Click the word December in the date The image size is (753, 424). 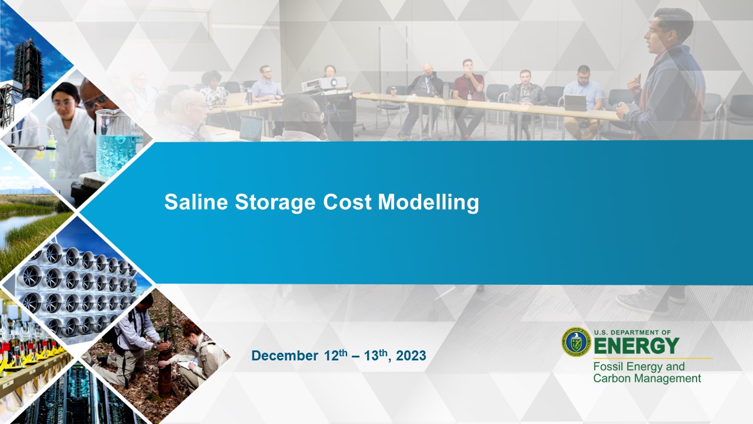click(284, 356)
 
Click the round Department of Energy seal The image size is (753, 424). click(576, 342)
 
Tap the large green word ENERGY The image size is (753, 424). click(637, 346)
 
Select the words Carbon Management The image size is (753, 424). click(647, 379)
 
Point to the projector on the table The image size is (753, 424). click(324, 84)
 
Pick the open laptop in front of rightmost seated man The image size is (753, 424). click(575, 103)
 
